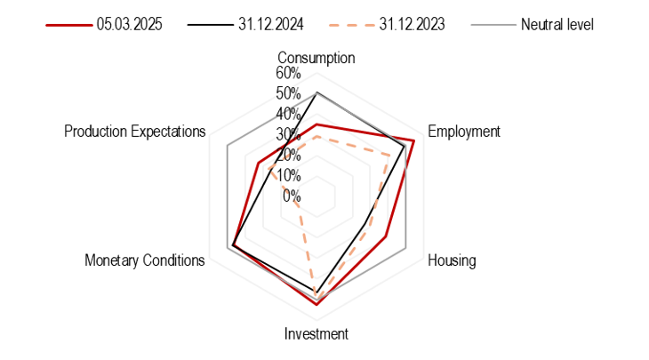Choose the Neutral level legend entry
557,25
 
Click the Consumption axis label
316,58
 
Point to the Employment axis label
464,132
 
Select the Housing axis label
452,260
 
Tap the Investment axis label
316,334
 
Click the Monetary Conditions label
145,260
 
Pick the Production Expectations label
135,132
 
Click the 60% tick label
287,73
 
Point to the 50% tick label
287,93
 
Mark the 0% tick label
292,196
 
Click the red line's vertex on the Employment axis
413,140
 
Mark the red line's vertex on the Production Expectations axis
257,163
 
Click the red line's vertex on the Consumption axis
316,124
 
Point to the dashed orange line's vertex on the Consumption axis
316,135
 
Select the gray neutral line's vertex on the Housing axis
406,246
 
